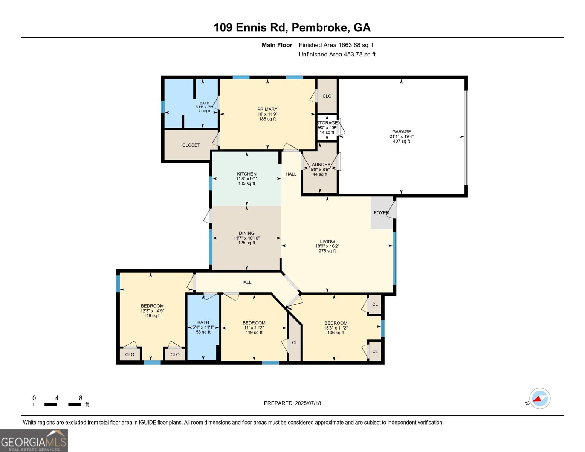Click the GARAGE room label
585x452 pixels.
point(401,132)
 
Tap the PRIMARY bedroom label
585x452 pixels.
point(267,110)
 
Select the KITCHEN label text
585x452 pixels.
point(246,174)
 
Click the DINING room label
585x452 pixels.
point(246,233)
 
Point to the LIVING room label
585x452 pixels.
point(327,241)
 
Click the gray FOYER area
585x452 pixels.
point(381,213)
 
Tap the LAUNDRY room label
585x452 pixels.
point(319,165)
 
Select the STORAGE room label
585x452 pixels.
point(327,123)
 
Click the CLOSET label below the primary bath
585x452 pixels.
point(191,145)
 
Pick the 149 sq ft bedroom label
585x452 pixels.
point(152,306)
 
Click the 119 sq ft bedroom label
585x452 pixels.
point(254,323)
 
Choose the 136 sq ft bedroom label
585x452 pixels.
point(336,323)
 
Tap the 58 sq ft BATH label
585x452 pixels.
point(203,322)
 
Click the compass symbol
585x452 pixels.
point(539,399)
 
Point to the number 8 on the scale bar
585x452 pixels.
point(81,398)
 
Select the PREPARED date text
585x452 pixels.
point(292,403)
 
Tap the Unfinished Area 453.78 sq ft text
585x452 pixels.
point(337,55)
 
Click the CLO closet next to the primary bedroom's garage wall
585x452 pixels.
point(327,96)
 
